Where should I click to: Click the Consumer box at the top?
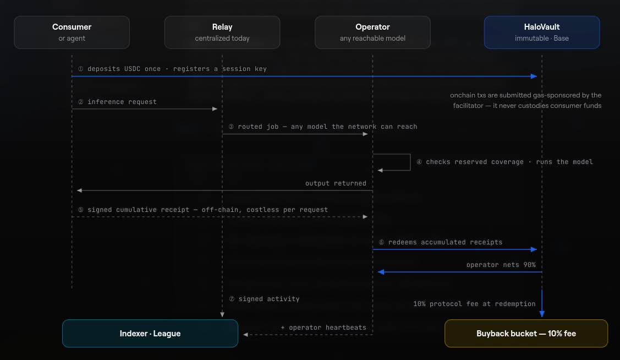click(72, 32)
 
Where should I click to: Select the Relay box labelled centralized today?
click(222, 32)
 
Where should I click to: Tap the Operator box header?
click(372, 32)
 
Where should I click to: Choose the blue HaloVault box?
click(542, 32)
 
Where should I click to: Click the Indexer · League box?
click(150, 334)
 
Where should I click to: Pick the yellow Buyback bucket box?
click(526, 334)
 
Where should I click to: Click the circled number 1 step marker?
click(81, 69)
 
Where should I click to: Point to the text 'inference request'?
click(122, 102)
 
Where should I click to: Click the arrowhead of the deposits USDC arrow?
click(534, 77)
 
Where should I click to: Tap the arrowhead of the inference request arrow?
click(215, 109)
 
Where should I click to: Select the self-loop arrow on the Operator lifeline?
click(410, 162)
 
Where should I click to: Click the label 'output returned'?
click(336, 183)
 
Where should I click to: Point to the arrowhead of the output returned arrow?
click(79, 190)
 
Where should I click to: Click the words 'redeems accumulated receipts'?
click(445, 242)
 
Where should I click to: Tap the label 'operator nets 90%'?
click(501, 265)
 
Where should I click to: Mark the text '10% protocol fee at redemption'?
click(474, 304)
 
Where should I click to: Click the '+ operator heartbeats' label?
click(323, 328)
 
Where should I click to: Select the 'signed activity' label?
click(269, 299)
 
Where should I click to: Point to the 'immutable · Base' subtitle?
click(542, 39)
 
